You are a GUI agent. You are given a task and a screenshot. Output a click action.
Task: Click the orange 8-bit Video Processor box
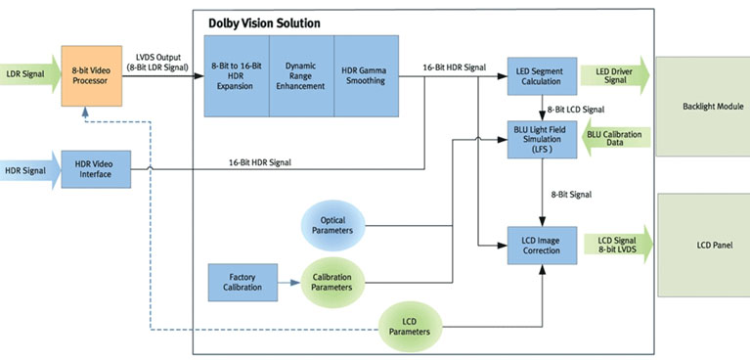pyautogui.click(x=91, y=75)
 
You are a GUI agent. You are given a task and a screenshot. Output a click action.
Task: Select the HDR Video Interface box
pyautogui.click(x=96, y=169)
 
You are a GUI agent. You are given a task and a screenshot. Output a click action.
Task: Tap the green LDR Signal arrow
pyautogui.click(x=30, y=74)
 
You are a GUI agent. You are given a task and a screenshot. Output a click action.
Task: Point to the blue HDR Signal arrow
pyautogui.click(x=30, y=170)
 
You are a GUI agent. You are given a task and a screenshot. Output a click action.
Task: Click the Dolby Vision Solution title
pyautogui.click(x=265, y=23)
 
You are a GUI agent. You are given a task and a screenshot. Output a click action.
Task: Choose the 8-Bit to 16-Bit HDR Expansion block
pyautogui.click(x=237, y=75)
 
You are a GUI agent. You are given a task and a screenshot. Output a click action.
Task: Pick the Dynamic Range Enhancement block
pyautogui.click(x=302, y=75)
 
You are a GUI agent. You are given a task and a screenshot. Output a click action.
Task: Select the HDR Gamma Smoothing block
pyautogui.click(x=367, y=75)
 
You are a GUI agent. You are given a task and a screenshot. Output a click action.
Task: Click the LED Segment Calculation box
pyautogui.click(x=542, y=76)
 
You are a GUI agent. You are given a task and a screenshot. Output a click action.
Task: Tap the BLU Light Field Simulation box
pyautogui.click(x=542, y=139)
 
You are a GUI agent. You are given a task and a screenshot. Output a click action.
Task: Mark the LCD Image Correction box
pyautogui.click(x=542, y=246)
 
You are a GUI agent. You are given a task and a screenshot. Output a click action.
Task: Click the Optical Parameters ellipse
pyautogui.click(x=332, y=225)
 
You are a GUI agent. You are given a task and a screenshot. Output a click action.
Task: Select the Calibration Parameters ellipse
pyautogui.click(x=332, y=283)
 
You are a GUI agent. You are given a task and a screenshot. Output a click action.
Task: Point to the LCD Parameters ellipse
pyautogui.click(x=411, y=327)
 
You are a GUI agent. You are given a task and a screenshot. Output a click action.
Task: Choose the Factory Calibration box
pyautogui.click(x=243, y=283)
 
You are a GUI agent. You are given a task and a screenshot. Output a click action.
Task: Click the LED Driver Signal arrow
pyautogui.click(x=616, y=75)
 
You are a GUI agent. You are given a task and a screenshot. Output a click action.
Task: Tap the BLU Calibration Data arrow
pyautogui.click(x=616, y=139)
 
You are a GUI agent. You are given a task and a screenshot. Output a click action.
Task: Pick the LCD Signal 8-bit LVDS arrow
pyautogui.click(x=618, y=245)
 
